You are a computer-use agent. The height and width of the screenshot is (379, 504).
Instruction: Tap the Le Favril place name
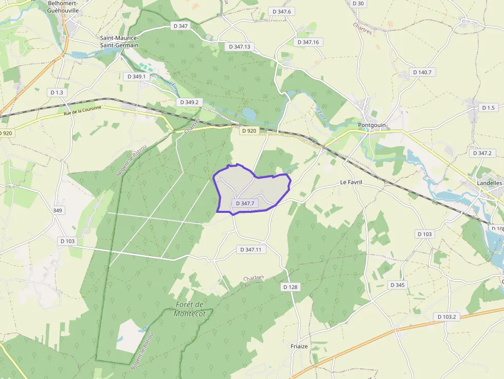[x=352, y=183]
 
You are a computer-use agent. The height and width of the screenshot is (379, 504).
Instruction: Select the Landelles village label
[x=489, y=183]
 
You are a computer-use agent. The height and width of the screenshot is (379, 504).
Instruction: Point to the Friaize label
[x=299, y=346]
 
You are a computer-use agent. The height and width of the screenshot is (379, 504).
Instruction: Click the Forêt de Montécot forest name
[x=189, y=309]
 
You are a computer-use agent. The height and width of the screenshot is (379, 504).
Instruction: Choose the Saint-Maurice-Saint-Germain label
[x=119, y=42]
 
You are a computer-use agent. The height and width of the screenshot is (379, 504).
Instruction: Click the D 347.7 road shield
[x=245, y=204]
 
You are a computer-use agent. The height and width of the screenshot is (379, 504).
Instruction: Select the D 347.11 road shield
[x=251, y=249]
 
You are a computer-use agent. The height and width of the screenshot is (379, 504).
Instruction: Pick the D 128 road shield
[x=290, y=287]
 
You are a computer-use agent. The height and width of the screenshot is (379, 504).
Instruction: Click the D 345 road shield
[x=397, y=285]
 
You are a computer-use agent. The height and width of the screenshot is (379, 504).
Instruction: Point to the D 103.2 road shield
[x=447, y=317]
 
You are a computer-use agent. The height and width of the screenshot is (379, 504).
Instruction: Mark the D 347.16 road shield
[x=308, y=42]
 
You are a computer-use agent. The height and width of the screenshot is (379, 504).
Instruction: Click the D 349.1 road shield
[x=136, y=77]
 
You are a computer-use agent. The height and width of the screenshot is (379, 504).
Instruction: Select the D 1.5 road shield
[x=488, y=107]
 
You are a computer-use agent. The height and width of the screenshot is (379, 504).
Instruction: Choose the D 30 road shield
[x=358, y=4]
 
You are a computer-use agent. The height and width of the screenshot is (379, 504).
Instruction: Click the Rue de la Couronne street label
[x=83, y=111]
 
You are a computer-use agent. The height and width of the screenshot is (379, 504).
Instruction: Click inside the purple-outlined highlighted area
[x=257, y=188]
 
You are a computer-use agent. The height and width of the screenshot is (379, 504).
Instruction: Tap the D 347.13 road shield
[x=239, y=47]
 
